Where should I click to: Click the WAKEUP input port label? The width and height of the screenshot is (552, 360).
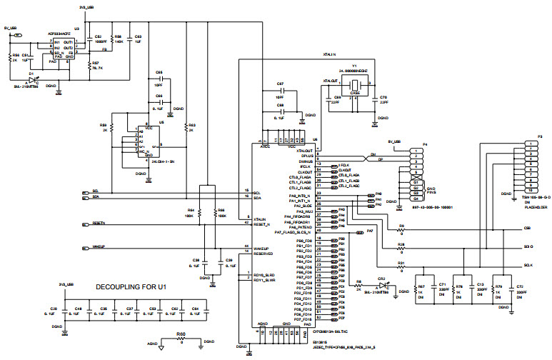pyautogui.click(x=99, y=247)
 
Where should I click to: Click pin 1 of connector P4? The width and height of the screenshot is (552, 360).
pyautogui.click(x=413, y=151)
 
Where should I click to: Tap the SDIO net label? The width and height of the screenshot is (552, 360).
pyautogui.click(x=528, y=246)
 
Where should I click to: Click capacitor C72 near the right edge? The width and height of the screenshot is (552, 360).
pyautogui.click(x=511, y=289)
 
